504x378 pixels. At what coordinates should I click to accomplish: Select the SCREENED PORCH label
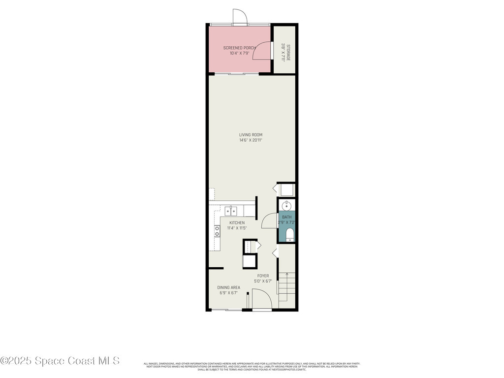[240, 48]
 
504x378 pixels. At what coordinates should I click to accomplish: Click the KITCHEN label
[237, 223]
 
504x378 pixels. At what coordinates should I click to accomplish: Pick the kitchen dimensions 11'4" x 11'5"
[236, 228]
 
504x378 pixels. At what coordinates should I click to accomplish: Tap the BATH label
[286, 217]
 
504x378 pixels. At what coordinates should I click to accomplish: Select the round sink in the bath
[286, 205]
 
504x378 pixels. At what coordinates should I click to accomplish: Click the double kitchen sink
[231, 211]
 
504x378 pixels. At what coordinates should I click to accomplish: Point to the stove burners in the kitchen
[217, 231]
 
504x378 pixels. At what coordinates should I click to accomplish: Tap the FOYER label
[263, 276]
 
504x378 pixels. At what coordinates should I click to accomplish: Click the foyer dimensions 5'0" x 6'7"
[263, 282]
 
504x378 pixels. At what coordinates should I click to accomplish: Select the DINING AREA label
[229, 287]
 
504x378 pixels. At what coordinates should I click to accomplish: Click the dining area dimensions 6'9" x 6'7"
[229, 293]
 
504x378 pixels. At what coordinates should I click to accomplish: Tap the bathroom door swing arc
[270, 221]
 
